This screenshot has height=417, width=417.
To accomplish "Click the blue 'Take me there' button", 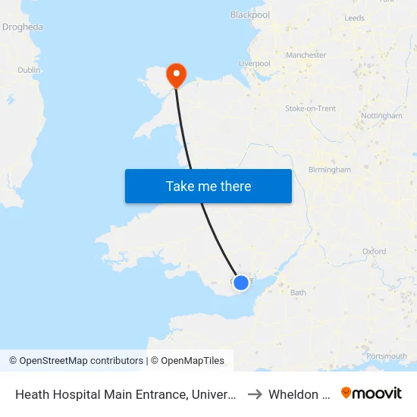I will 208,186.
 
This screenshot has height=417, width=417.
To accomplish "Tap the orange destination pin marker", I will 177,74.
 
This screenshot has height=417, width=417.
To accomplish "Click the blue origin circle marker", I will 240,283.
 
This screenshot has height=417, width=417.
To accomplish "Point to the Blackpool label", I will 249,14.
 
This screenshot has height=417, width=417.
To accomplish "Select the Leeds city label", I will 354,18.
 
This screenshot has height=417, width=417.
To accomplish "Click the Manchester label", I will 306,55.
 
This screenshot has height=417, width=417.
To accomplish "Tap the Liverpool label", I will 255,64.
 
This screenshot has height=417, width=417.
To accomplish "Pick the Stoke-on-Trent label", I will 310,109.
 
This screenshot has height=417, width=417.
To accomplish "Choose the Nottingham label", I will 381,116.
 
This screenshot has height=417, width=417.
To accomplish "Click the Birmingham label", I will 330,170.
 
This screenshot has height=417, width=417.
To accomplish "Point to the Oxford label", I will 374,252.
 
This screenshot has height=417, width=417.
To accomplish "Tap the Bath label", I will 298,293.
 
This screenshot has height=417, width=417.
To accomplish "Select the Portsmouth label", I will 386,356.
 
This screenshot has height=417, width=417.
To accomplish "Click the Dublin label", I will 29,70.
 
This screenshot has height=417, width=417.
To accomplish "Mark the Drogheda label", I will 23,27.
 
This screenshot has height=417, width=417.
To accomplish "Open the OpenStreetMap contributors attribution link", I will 76,361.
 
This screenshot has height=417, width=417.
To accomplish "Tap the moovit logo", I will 372,393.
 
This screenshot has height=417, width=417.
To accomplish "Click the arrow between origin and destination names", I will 255,393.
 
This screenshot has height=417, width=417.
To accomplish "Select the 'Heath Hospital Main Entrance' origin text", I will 125,393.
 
